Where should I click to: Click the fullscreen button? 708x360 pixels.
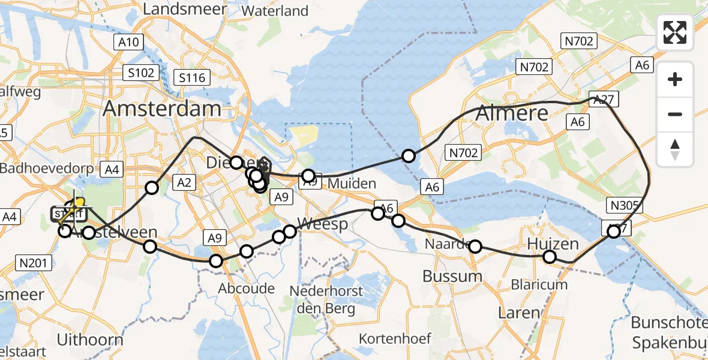click(675, 32)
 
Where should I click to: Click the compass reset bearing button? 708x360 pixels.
click(675, 149)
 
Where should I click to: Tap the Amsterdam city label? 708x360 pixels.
click(162, 109)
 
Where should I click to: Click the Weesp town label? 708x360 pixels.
click(323, 224)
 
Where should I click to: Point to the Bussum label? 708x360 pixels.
click(452, 276)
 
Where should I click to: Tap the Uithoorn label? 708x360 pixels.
click(90, 340)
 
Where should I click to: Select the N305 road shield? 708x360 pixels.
click(624, 206)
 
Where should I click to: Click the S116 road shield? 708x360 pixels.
click(192, 77)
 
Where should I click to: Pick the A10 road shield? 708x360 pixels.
click(127, 42)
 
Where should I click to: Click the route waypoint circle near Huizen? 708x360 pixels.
click(550, 257)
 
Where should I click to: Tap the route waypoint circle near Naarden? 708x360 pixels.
click(475, 246)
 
